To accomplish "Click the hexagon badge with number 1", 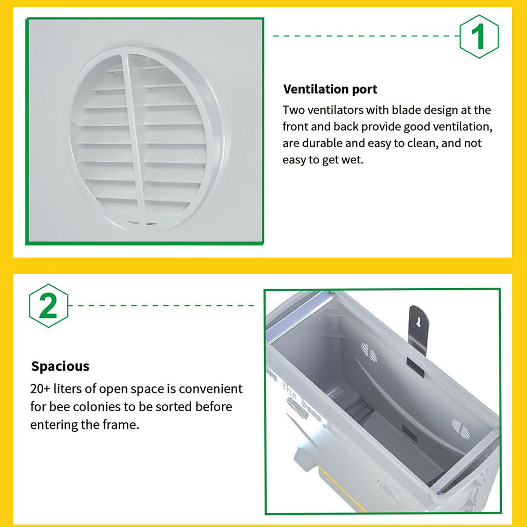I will point(479,37).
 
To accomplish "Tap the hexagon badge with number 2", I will point(48,306).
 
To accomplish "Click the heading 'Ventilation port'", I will point(330,89).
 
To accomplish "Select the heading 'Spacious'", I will point(61,366).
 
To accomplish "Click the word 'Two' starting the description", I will point(294,110).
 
